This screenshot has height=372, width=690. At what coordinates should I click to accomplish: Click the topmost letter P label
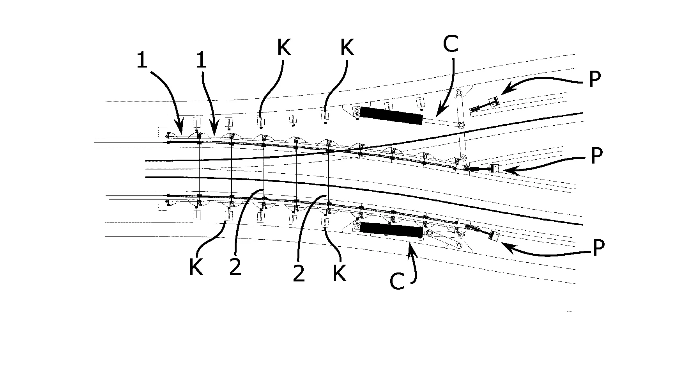click(594, 79)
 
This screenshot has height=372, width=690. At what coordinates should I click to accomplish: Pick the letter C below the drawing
click(398, 281)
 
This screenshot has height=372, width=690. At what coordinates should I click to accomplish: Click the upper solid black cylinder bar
click(391, 116)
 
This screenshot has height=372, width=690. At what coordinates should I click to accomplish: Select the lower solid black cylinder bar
click(391, 230)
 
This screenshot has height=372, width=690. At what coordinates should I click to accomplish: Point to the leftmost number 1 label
click(142, 61)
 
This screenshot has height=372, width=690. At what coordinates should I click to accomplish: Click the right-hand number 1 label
click(201, 61)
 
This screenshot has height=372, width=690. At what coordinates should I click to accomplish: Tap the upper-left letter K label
click(284, 48)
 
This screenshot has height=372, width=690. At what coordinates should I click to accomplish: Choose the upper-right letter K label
click(347, 48)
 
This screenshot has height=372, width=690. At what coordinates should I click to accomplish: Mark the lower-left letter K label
click(196, 267)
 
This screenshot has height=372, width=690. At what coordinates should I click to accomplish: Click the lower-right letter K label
click(339, 272)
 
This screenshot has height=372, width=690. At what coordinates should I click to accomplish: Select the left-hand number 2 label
click(235, 267)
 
